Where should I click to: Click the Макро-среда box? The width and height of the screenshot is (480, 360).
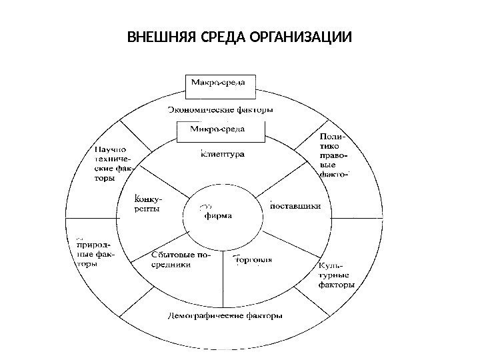pyautogui.click(x=219, y=83)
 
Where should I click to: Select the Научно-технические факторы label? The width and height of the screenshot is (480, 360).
pyautogui.click(x=111, y=164)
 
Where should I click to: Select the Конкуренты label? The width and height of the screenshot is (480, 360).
pyautogui.click(x=147, y=203)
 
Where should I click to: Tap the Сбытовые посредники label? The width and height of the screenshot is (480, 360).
pyautogui.click(x=176, y=259)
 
